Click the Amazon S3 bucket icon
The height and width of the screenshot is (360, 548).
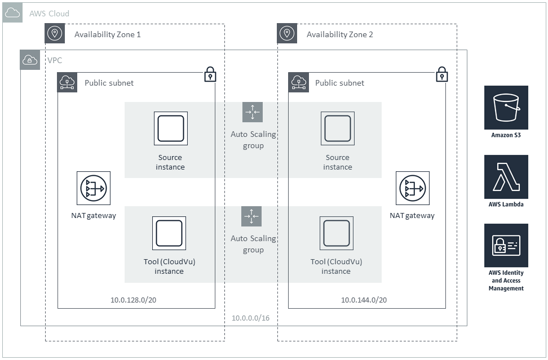[506, 108]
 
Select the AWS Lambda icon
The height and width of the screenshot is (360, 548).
[506, 177]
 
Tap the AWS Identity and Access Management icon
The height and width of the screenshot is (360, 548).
[506, 246]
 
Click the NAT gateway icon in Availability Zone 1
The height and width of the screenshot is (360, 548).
[94, 188]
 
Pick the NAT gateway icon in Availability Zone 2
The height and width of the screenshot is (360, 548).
[412, 188]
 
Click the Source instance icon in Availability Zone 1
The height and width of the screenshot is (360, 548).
[170, 128]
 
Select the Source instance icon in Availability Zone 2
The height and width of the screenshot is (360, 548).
[338, 128]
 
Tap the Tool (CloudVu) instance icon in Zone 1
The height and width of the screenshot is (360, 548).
[169, 233]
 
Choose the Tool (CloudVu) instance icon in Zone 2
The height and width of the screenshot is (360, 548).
[337, 233]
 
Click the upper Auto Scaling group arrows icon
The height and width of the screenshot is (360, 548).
[253, 112]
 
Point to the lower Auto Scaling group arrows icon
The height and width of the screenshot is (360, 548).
[251, 216]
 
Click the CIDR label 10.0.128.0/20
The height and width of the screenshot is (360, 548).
[134, 300]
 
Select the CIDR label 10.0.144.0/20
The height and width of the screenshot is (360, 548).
[364, 300]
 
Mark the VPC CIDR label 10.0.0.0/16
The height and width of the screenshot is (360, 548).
[250, 318]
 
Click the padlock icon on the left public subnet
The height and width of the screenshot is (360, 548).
[210, 74]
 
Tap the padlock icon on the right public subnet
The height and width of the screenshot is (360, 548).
[442, 74]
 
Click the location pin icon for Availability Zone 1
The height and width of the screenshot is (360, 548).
[55, 34]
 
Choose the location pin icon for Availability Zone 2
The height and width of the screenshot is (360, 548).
[287, 34]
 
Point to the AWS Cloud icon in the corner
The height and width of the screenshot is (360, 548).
[12, 12]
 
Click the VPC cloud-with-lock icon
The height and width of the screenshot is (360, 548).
[30, 60]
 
